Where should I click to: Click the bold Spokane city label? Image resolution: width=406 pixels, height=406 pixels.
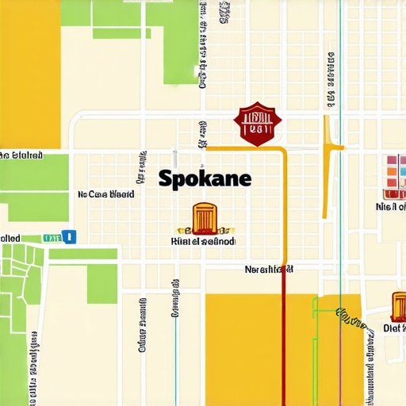pyautogui.click(x=205, y=178)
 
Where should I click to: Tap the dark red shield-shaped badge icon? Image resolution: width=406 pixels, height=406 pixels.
pyautogui.click(x=258, y=124)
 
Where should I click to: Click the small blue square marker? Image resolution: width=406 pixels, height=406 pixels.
pyautogui.click(x=69, y=236)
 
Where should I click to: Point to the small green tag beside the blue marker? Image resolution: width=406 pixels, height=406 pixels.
pyautogui.click(x=52, y=237)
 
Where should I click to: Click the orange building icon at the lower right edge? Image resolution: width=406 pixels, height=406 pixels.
pyautogui.click(x=398, y=306)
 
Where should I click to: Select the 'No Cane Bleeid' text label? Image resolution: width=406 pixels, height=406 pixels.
pyautogui.click(x=105, y=193)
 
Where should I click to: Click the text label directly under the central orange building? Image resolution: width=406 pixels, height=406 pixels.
pyautogui.click(x=203, y=240)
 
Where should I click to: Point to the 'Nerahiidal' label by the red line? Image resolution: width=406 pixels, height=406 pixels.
pyautogui.click(x=269, y=270)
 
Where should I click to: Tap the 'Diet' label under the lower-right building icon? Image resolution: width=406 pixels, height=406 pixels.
pyautogui.click(x=394, y=327)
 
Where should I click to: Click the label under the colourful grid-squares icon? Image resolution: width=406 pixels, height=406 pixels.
pyautogui.click(x=390, y=207)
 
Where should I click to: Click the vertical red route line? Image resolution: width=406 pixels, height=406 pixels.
pyautogui.click(x=284, y=341)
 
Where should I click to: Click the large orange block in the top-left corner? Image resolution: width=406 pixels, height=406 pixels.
pyautogui.click(x=29, y=71)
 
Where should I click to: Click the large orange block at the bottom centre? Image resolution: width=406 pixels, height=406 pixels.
pyautogui.click(x=254, y=349)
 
